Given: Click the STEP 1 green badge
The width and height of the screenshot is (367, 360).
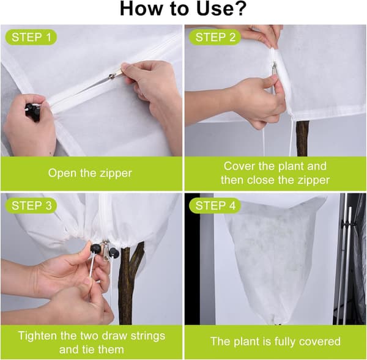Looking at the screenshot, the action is (31, 37).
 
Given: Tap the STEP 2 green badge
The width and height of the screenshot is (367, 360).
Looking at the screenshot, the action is (215, 37).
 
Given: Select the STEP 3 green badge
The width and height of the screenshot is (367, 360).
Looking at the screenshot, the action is (31, 205).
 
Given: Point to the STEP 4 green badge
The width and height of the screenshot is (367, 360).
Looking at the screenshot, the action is (215, 205).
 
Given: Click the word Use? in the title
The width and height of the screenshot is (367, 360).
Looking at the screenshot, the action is (221, 9).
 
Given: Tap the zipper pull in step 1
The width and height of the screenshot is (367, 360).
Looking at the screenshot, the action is (116, 73).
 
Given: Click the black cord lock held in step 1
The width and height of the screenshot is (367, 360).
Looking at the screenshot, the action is (32, 112).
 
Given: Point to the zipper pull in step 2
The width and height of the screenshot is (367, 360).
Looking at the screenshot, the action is (274, 68).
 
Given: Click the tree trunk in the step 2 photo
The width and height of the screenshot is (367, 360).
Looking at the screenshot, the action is (303, 139).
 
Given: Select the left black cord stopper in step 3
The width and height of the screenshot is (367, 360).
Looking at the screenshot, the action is (95, 248).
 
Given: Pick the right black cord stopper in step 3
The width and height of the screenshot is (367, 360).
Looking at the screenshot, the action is (114, 253).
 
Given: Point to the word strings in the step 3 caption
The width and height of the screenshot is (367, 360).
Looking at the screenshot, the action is (148, 336).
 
